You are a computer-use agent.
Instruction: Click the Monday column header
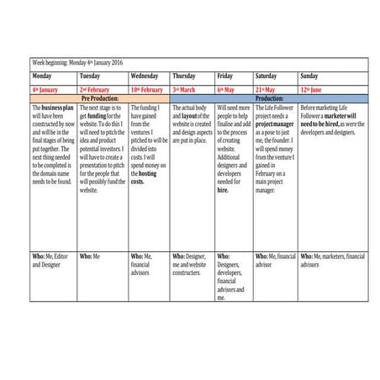point(42,76)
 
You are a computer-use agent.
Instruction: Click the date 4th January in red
point(46,88)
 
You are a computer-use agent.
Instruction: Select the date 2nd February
point(95,88)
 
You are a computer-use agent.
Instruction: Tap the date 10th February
point(147,88)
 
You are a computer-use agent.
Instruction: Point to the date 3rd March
point(184,88)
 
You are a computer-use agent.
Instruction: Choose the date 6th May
point(225,88)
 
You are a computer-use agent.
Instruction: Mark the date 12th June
point(314,88)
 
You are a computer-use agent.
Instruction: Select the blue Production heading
point(269,98)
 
